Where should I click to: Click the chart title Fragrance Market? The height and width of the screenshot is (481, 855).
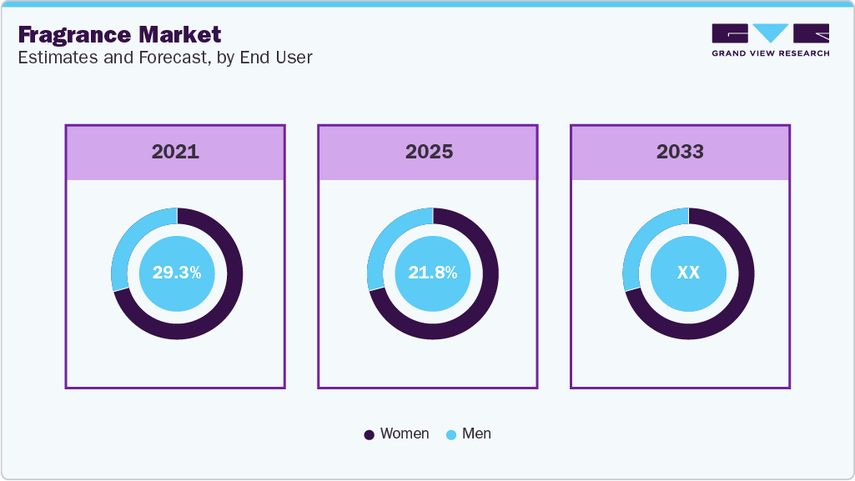point(119,34)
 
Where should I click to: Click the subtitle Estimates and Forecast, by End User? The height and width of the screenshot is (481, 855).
point(165,58)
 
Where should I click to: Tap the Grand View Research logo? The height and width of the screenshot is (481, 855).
point(770,40)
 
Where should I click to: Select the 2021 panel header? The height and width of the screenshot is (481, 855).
point(175,152)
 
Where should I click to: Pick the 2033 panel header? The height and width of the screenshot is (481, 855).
point(680,152)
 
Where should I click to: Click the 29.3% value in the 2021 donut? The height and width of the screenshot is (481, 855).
point(176,273)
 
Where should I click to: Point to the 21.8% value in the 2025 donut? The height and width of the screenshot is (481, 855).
point(432,273)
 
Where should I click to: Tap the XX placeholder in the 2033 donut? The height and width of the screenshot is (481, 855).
point(688,273)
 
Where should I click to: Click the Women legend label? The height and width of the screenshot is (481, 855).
point(404,433)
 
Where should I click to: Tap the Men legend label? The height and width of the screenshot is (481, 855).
point(476,433)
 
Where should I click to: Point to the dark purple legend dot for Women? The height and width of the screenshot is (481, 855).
point(370,434)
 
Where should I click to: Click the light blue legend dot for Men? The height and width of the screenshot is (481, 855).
point(451,434)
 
